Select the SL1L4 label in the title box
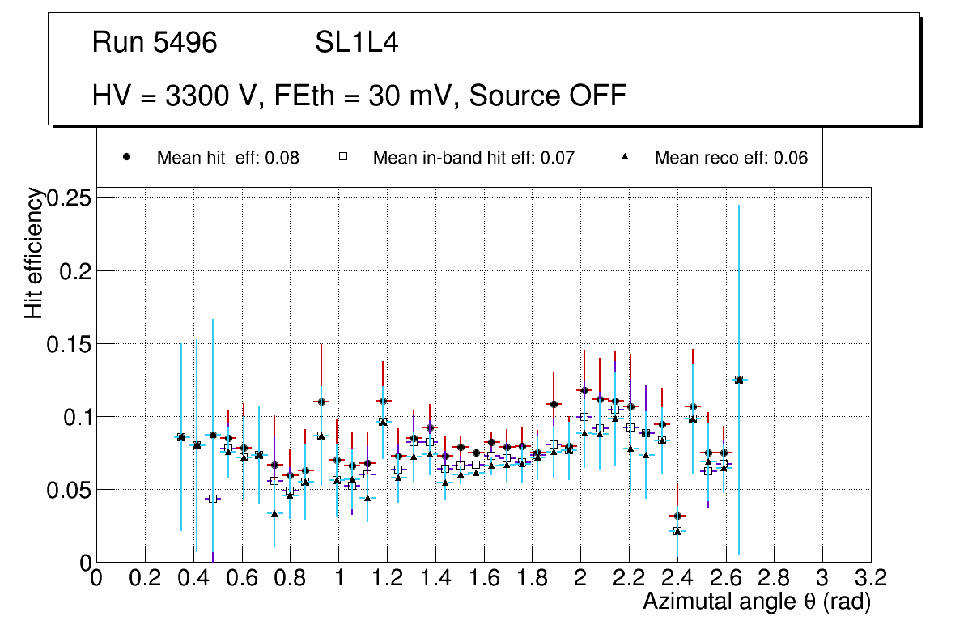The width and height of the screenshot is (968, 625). [x=356, y=42]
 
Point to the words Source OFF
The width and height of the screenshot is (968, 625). [x=548, y=96]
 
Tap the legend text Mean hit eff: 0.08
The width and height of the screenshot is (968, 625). [x=227, y=158]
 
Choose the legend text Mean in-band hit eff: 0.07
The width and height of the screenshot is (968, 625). [x=473, y=158]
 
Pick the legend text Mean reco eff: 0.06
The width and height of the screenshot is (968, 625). [x=731, y=158]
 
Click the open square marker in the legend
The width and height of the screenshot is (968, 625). [x=342, y=157]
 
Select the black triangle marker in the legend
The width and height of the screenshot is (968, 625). [x=625, y=157]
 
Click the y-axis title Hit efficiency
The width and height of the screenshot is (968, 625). [x=34, y=253]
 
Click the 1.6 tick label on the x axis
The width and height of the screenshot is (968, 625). [x=484, y=578]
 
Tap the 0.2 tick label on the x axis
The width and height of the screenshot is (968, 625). [x=145, y=578]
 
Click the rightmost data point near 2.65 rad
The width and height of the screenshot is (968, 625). [x=739, y=379]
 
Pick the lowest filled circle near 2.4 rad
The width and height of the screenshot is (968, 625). [x=677, y=516]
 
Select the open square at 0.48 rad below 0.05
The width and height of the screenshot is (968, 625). [x=213, y=499]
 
